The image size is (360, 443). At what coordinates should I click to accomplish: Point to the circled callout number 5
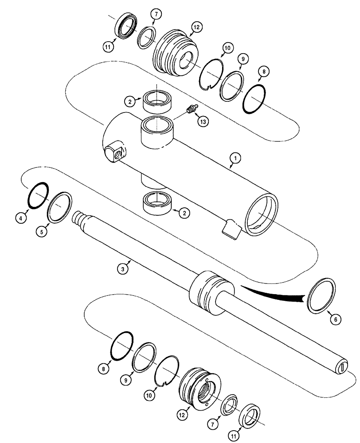click(41, 231)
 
